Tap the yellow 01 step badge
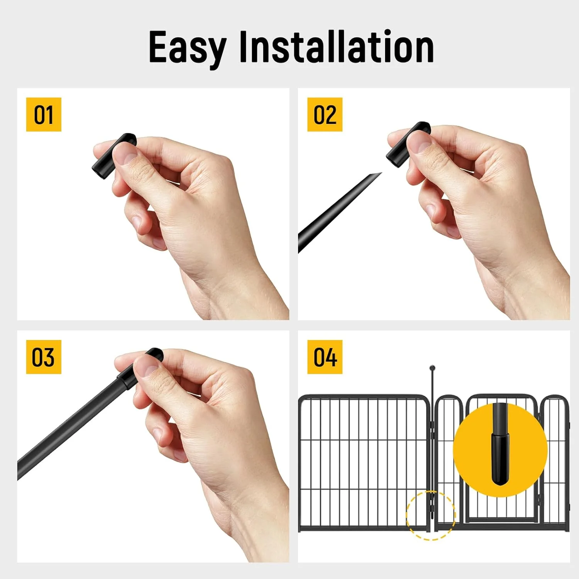[44, 115]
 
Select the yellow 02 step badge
[325, 115]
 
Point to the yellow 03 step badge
[44, 357]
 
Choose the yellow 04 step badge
[325, 357]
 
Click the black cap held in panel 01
[113, 157]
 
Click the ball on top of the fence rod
[432, 368]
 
